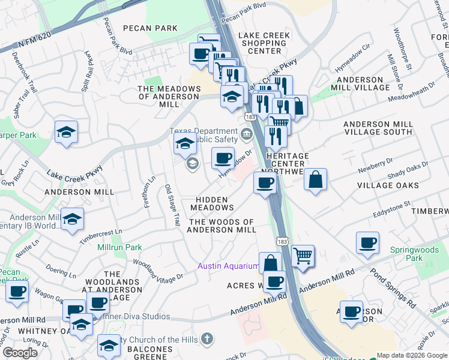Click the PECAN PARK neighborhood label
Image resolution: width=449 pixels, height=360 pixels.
150,28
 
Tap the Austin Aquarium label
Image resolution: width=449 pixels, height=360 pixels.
229,266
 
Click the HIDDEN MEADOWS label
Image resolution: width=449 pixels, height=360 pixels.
212,203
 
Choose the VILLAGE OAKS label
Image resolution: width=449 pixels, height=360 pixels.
388,185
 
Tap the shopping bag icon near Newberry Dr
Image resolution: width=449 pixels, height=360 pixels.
315,179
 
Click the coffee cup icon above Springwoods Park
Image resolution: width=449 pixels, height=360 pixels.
367,243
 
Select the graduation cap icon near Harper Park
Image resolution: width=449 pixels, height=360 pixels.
66,133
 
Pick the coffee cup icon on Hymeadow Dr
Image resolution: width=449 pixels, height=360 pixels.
223,158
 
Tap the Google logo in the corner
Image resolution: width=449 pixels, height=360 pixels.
20,353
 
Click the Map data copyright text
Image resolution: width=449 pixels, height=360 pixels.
411,355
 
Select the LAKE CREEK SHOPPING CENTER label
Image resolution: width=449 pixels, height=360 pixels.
264,43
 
